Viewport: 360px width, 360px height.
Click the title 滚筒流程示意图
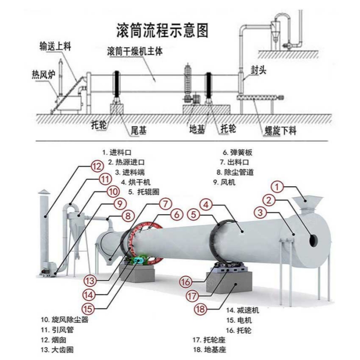point(163,31)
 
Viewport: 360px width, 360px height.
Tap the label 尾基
point(139,130)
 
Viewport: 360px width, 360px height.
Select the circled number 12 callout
point(97,167)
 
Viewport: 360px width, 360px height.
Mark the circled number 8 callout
point(128,216)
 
